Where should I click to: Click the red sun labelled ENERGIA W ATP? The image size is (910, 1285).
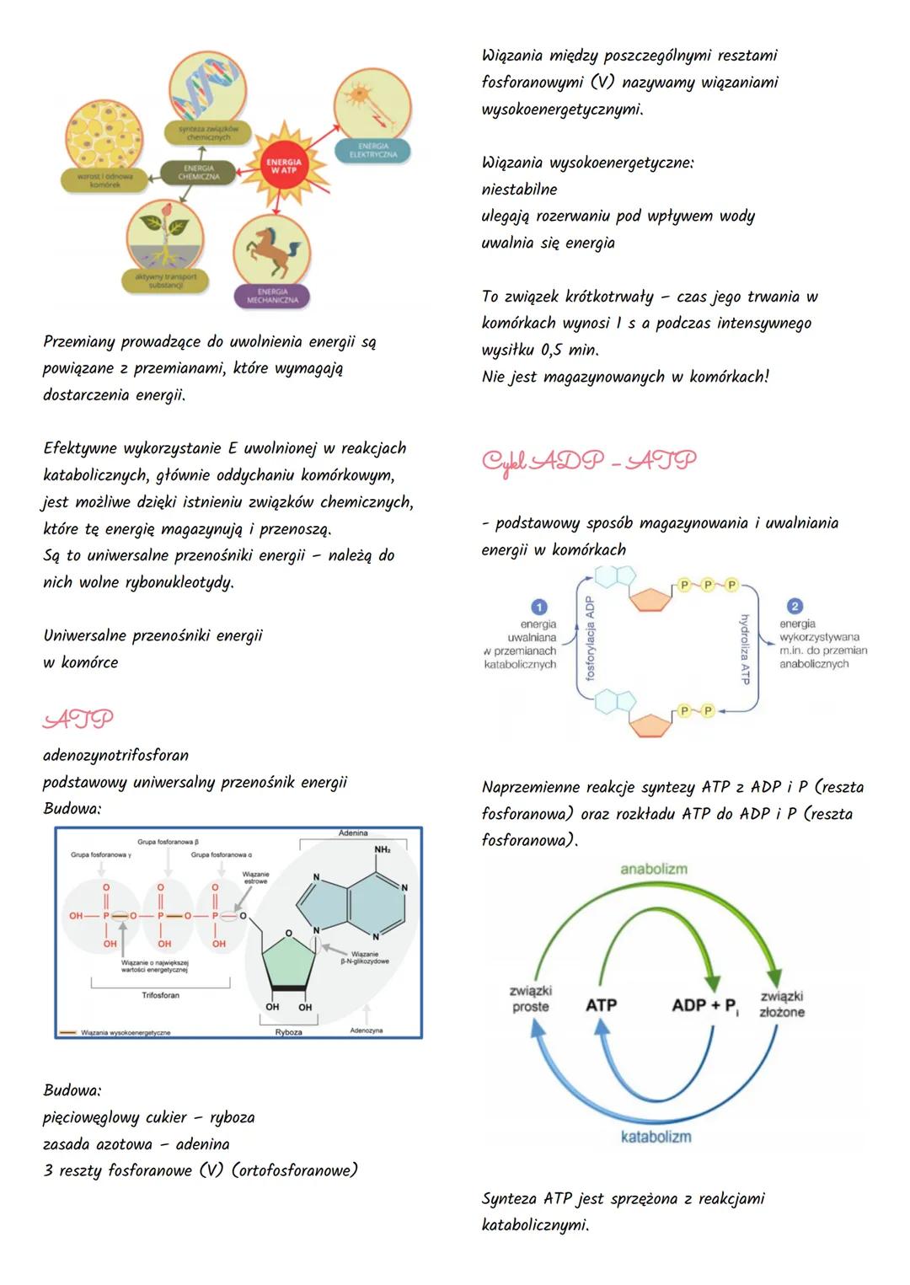pos(284,166)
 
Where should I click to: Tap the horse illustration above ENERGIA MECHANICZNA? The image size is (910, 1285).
pos(272,249)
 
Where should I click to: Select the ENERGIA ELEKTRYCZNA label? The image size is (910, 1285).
pos(372,151)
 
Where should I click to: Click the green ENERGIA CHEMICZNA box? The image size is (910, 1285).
pos(199,173)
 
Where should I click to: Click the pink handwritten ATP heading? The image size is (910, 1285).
pos(78,720)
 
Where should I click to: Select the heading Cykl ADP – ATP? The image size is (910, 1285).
pos(589,461)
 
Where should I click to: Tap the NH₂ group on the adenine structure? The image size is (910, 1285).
pos(383,849)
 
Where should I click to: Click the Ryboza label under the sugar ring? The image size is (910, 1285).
pos(288,1031)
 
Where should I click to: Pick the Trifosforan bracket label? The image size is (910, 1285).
pos(160,995)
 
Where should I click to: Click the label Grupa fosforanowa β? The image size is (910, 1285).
pos(168,842)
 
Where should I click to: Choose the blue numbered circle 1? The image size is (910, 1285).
pos(539,607)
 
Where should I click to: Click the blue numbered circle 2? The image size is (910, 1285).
pos(794,606)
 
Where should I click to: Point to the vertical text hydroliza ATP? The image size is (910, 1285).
pos(745,649)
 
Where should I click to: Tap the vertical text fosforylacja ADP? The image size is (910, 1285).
pos(590,639)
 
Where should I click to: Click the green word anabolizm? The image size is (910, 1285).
pos(654,869)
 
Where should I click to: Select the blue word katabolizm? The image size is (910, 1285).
pos(656,1137)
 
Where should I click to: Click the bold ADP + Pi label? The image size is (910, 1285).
pos(704,1005)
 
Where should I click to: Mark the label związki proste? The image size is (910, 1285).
pos(531,999)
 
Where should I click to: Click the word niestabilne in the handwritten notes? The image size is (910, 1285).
pos(519,190)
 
